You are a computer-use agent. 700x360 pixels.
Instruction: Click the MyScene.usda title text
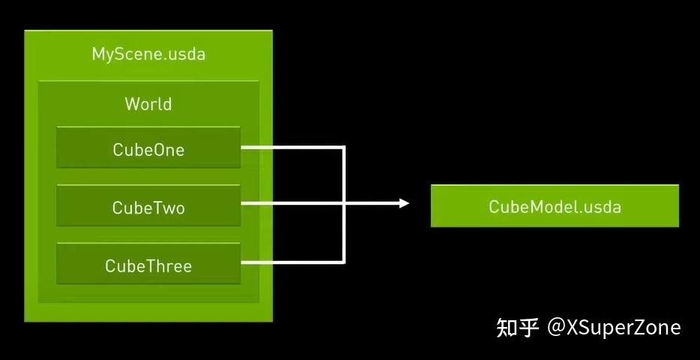pos(148,54)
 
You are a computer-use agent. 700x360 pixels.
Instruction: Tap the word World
pos(148,103)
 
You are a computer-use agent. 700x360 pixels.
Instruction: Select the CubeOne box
pos(148,147)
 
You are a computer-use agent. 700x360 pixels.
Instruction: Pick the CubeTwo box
pos(148,205)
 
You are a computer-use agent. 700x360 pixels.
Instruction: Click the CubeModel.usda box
pos(555,205)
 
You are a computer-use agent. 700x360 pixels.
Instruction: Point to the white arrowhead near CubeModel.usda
pos(405,203)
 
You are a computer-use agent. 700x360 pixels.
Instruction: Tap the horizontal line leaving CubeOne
pos(292,147)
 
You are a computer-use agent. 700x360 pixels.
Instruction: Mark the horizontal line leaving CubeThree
pos(292,262)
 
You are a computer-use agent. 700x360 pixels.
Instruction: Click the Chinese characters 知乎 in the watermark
pos(517,328)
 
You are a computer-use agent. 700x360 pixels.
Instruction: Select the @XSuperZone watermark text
pos(614,328)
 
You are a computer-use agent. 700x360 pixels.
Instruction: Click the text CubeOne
pos(148,149)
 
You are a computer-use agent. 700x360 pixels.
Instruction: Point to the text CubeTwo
pos(148,208)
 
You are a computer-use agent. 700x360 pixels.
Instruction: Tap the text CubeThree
pos(148,266)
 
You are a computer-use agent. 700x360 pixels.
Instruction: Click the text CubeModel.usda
pos(555,206)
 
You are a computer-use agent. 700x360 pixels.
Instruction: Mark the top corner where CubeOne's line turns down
pos(343,147)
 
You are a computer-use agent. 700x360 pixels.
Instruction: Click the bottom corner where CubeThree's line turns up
pos(343,262)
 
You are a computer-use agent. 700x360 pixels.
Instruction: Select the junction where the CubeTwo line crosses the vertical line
pos(343,203)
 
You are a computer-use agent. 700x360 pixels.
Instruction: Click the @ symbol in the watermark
pos(556,328)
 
